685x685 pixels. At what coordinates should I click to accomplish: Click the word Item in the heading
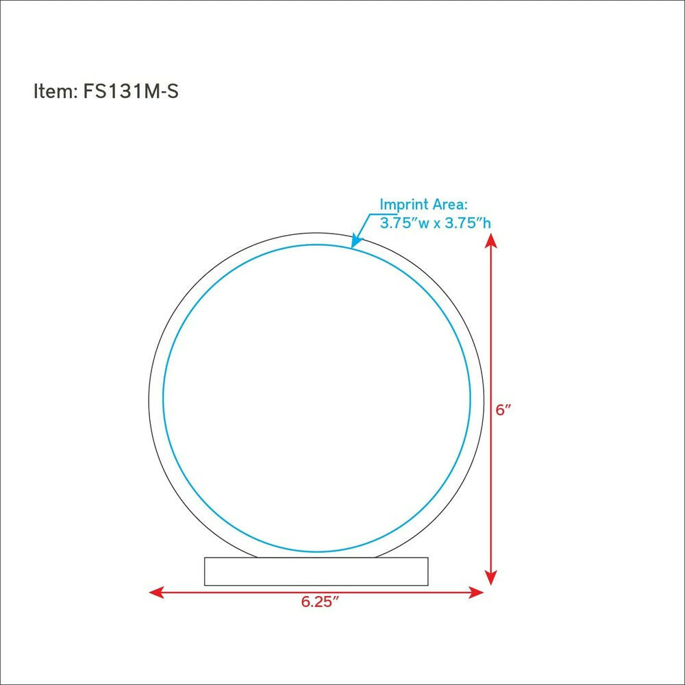click(53, 91)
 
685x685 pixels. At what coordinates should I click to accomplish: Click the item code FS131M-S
click(131, 91)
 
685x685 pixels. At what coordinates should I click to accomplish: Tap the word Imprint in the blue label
click(404, 204)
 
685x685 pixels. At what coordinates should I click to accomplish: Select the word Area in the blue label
click(450, 204)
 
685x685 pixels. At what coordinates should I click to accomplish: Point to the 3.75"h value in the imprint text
click(467, 223)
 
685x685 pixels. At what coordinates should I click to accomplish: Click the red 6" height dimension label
click(503, 410)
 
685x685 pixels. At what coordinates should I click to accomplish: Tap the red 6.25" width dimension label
click(320, 601)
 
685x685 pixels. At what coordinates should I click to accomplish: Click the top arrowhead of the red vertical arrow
click(491, 240)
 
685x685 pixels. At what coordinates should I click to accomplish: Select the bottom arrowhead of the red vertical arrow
click(491, 578)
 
